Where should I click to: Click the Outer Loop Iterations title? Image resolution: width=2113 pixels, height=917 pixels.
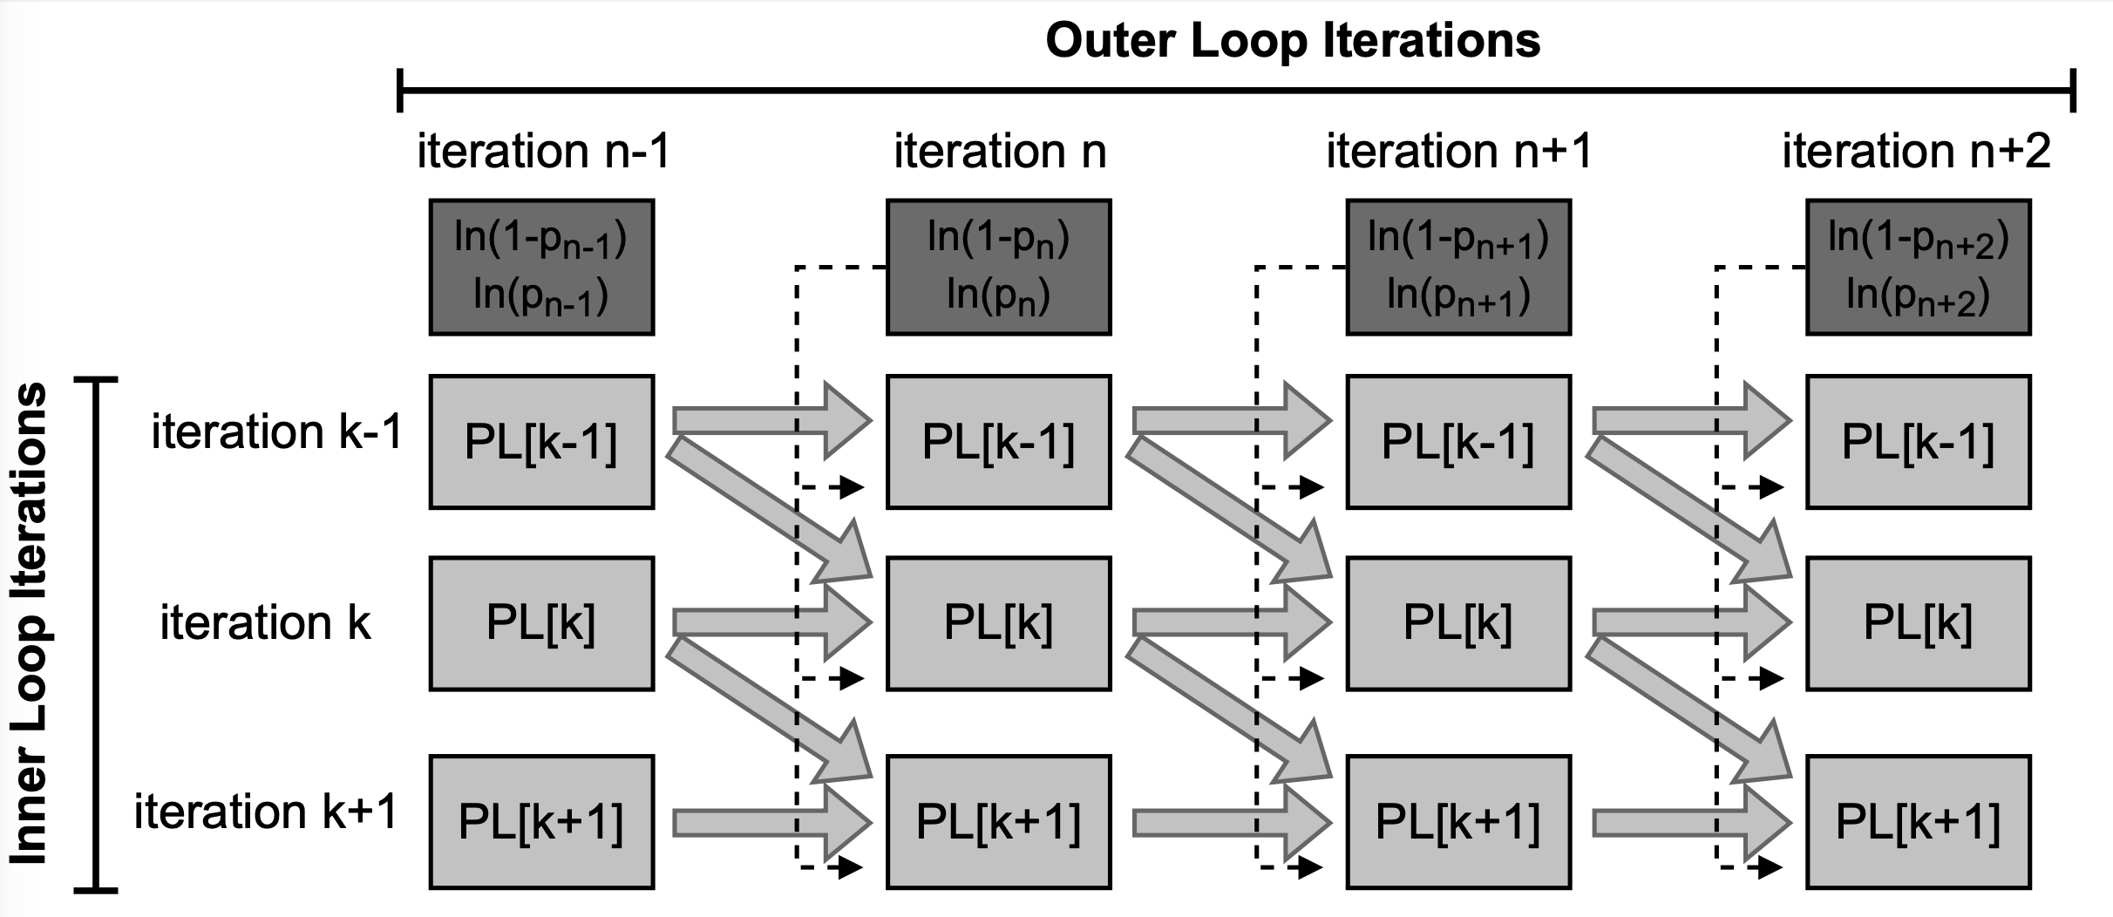[1293, 40]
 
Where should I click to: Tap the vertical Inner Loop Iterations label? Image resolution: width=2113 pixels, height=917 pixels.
[30, 624]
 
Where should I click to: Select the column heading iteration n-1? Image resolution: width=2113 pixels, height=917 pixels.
[543, 151]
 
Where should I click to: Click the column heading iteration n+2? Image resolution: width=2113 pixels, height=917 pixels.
[1916, 151]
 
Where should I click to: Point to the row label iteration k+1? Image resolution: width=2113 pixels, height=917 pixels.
[265, 812]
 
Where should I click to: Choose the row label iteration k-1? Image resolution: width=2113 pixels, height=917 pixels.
[276, 431]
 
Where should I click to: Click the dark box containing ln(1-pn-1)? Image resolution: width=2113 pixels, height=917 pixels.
[541, 267]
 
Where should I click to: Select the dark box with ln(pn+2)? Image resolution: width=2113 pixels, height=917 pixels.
[1918, 267]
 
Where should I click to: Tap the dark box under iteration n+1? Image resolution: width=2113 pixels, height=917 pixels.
[1458, 267]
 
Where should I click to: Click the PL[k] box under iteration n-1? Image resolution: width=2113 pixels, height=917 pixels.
[541, 624]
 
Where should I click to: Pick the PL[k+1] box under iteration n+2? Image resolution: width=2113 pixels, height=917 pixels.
[1918, 822]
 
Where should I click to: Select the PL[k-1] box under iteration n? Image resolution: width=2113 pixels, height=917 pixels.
[998, 442]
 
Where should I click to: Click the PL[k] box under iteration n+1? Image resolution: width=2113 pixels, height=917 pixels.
[1458, 624]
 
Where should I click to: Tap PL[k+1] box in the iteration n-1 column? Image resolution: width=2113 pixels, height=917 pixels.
[541, 822]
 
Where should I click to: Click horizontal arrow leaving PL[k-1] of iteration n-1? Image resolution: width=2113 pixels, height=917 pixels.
[771, 422]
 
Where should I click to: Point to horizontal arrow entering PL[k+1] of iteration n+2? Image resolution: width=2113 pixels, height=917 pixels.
[1691, 822]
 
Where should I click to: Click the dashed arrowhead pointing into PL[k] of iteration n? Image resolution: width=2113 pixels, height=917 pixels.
[851, 678]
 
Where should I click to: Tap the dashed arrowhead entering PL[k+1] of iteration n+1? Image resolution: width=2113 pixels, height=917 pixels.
[1310, 867]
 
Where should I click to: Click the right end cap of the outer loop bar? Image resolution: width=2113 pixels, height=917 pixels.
[2073, 90]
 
